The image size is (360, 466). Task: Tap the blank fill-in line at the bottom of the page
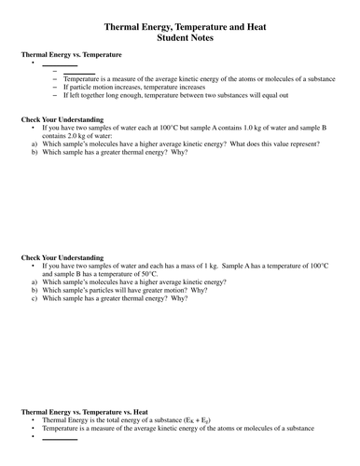59,437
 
